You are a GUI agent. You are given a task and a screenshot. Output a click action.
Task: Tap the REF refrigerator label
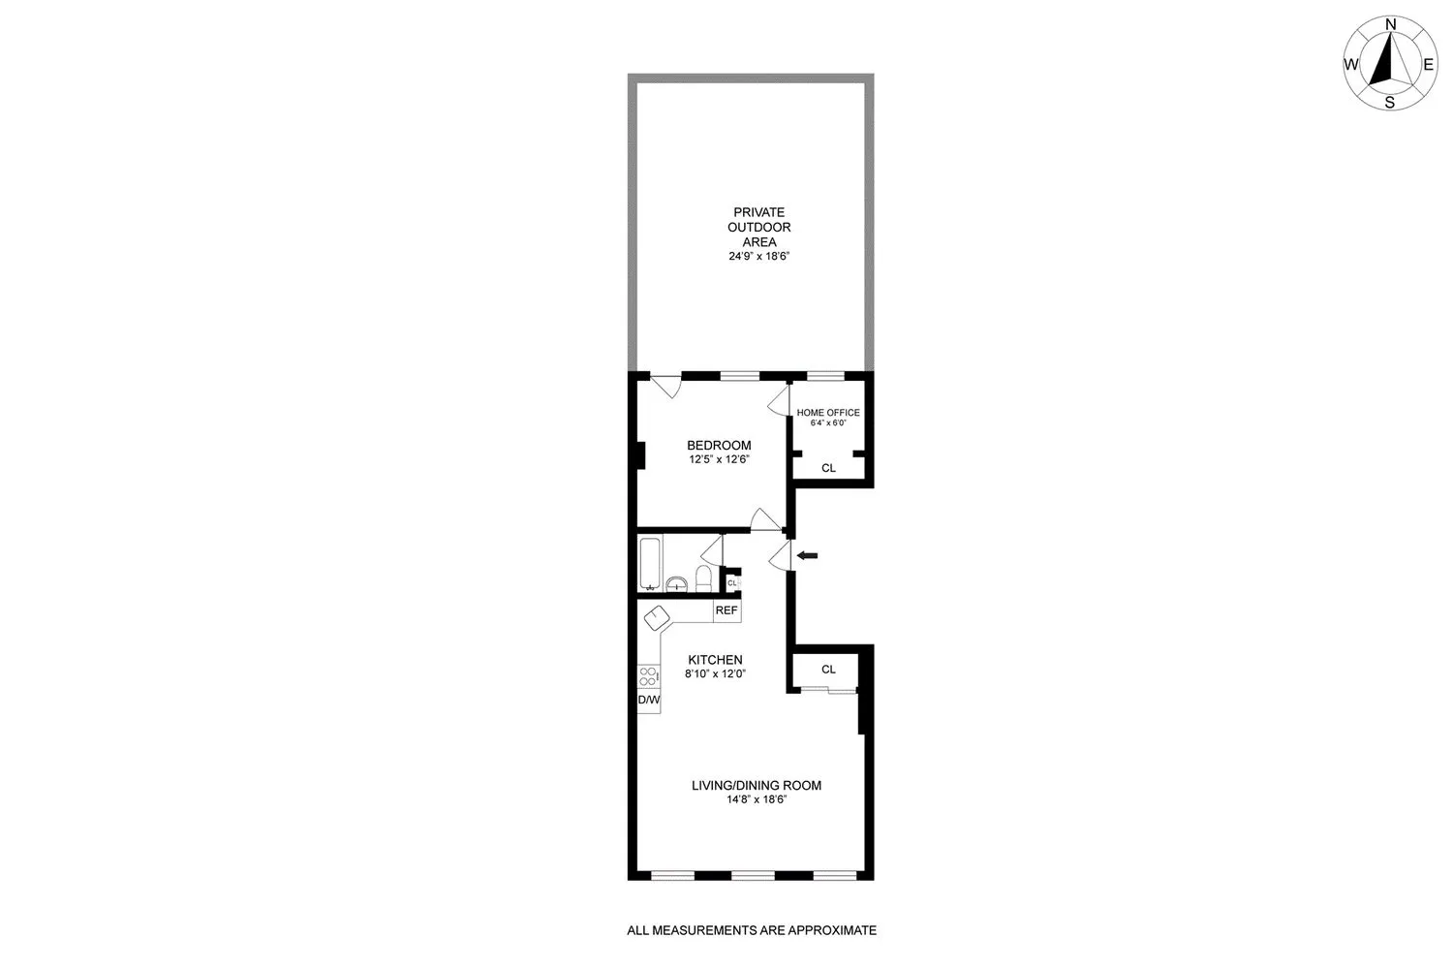(x=726, y=610)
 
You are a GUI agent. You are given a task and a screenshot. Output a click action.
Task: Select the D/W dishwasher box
(x=648, y=700)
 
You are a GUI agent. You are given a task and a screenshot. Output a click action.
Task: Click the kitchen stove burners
(x=648, y=675)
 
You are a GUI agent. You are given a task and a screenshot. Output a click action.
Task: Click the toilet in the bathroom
(x=704, y=578)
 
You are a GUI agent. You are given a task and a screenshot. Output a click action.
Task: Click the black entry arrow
(x=807, y=555)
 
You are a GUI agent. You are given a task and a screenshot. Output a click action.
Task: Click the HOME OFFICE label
(x=828, y=413)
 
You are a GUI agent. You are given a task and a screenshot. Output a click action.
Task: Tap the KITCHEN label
(x=715, y=660)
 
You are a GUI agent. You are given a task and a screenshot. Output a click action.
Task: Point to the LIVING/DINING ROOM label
(x=756, y=785)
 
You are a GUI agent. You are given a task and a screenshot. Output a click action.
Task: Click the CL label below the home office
(x=828, y=468)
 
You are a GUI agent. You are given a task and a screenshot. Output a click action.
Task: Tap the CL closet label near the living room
(x=828, y=670)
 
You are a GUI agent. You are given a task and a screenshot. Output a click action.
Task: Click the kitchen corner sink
(x=657, y=618)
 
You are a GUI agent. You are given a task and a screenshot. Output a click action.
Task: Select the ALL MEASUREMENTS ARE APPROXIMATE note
(x=752, y=930)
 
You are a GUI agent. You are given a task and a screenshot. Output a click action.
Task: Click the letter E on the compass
(x=1427, y=65)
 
